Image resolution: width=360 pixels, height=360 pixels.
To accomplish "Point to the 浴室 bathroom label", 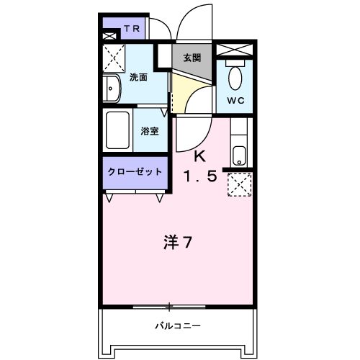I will pos(150,131).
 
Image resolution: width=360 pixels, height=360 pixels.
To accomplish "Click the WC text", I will pos(236,101).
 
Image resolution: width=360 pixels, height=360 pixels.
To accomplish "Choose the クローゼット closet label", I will pos(135,172).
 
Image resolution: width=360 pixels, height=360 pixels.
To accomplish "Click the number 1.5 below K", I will pos(199,176).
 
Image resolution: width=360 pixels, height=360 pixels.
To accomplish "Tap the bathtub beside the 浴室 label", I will pos(117,130).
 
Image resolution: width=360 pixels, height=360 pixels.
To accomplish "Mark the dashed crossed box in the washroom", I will pos(113,56).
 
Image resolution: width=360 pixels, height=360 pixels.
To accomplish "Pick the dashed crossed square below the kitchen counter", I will pos(238,185).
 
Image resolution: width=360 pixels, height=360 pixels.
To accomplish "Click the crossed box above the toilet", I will pos(235,50).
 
